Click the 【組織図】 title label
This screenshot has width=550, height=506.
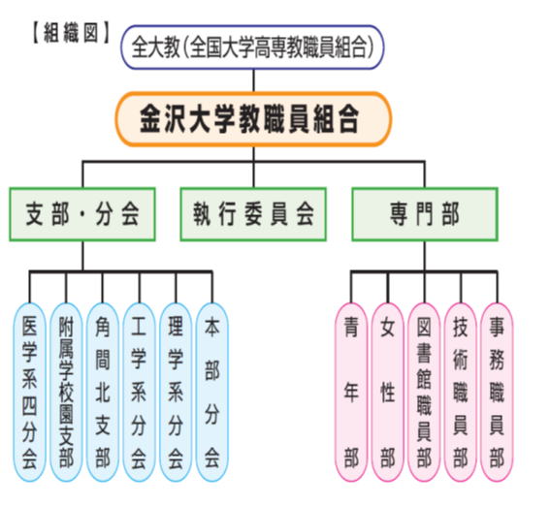click(71, 33)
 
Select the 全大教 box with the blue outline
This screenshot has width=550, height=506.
click(252, 47)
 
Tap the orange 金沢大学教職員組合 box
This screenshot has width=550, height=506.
click(253, 119)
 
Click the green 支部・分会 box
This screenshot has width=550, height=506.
click(82, 214)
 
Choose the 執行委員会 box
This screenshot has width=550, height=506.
click(253, 214)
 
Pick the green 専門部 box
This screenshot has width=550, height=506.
click(425, 214)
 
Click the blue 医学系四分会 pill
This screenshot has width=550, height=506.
click(29, 393)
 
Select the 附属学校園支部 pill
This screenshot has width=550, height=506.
click(66, 393)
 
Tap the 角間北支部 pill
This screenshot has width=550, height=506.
click(103, 393)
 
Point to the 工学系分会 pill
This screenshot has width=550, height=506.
click(140, 393)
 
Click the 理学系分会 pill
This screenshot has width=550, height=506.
click(176, 393)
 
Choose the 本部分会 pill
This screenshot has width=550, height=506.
click(212, 393)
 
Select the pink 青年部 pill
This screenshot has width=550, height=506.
click(351, 393)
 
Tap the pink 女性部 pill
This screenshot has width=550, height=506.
click(388, 393)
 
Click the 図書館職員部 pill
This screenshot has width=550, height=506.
click(424, 393)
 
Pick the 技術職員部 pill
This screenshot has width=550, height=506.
click(461, 393)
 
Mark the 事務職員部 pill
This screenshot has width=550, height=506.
click(497, 393)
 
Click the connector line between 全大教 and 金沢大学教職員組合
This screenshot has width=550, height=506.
click(253, 80)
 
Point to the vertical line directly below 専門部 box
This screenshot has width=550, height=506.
click(425, 256)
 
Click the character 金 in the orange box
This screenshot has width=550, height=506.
click(150, 119)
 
